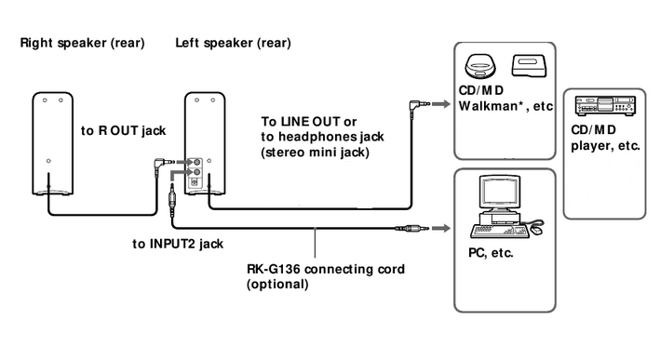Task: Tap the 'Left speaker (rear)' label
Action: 233,44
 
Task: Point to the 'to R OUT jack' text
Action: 121,131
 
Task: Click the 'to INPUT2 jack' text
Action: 177,244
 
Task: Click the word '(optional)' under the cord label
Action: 277,285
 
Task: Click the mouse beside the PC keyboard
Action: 537,223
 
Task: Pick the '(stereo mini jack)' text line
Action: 311,153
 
